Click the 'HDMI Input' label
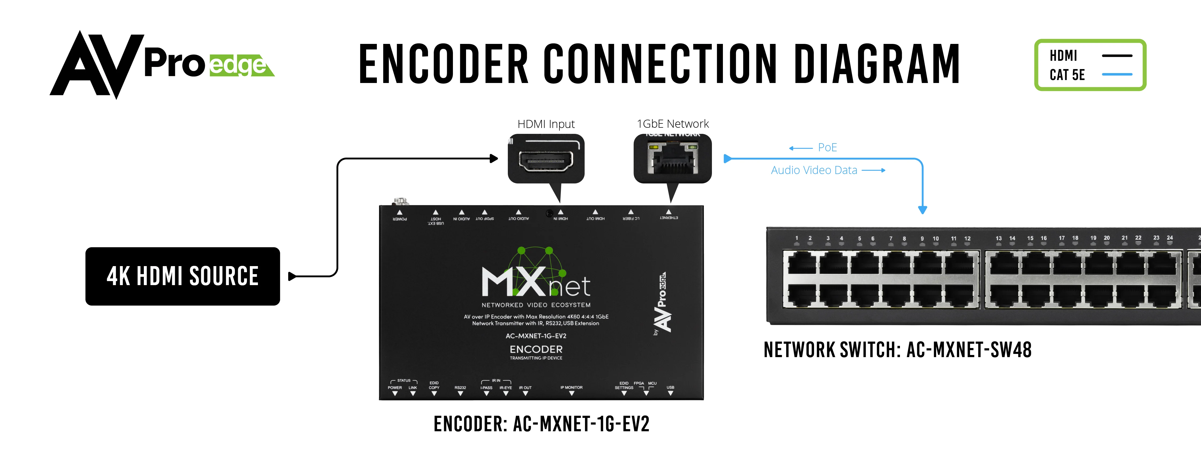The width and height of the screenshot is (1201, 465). (546, 124)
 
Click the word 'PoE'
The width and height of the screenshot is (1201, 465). (828, 148)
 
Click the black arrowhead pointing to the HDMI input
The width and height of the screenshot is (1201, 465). (494, 158)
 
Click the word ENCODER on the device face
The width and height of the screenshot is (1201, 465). (536, 349)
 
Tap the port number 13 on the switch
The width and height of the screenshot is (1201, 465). (999, 238)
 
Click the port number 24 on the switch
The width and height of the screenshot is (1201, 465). (1170, 238)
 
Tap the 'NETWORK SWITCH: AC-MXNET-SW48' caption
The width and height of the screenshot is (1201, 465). (898, 350)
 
